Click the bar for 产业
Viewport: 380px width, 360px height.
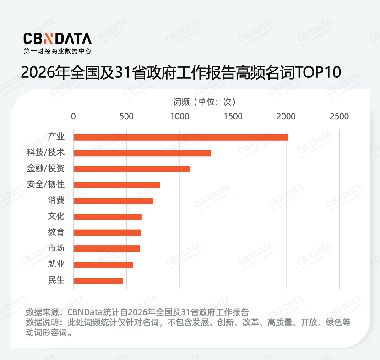180,137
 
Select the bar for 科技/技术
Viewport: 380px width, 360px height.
142,153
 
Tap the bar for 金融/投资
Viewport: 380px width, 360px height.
131,169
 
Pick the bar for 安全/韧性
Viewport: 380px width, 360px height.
117,185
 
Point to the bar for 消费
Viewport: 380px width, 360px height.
113,201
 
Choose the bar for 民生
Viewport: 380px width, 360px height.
98,280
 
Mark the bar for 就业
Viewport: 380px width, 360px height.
103,264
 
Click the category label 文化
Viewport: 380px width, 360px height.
56,217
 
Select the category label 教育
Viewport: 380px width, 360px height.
56,233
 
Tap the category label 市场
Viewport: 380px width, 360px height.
56,248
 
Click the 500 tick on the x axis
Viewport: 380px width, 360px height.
126,116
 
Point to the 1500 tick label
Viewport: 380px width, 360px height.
233,116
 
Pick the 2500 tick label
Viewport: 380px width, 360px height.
339,116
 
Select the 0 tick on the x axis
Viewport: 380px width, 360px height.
73,116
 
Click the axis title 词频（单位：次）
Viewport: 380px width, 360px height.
205,102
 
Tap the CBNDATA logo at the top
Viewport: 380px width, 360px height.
57,38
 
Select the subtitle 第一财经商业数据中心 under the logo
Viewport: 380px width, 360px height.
57,52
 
